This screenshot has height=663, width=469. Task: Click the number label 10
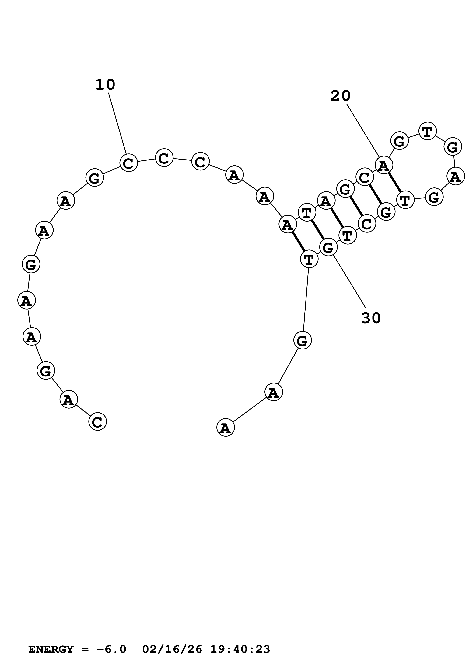tap(105, 85)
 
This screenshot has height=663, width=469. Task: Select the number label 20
tap(340, 96)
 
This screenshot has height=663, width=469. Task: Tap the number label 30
tap(371, 318)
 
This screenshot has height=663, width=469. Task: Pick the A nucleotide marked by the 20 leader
tap(383, 165)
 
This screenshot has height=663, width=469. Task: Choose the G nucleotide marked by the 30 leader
tap(328, 247)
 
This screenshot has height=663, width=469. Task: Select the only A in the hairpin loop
tap(455, 177)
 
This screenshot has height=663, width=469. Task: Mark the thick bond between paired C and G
tap(375, 195)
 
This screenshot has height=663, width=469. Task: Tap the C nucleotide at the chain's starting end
tap(98, 422)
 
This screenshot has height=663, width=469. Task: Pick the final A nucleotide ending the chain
tap(225, 428)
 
